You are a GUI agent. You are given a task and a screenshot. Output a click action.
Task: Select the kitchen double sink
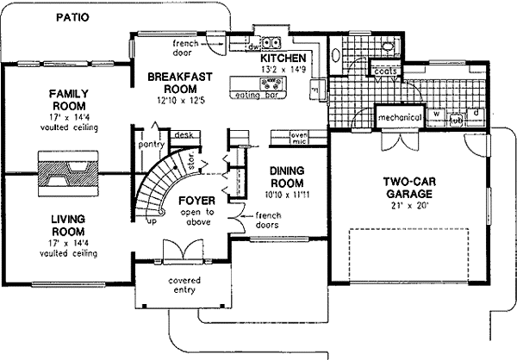click(273, 41)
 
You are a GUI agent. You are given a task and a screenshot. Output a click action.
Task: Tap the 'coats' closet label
click(384, 71)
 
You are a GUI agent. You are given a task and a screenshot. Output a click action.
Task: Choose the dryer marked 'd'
click(476, 113)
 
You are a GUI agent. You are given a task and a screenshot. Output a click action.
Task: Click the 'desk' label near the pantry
click(182, 135)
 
